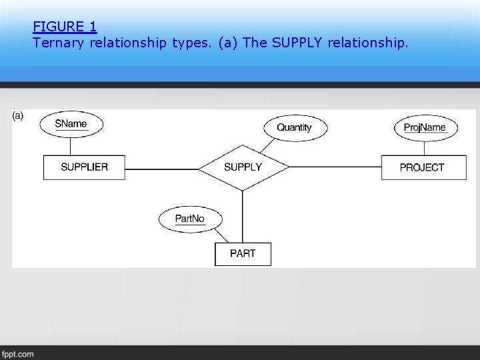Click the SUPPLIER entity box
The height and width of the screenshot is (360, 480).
(84, 167)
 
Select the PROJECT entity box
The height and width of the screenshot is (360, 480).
(422, 167)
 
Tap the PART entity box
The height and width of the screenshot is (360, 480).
(243, 253)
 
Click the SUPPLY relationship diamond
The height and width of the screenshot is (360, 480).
(243, 167)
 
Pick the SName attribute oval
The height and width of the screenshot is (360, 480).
(71, 123)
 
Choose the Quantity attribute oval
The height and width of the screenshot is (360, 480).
(294, 127)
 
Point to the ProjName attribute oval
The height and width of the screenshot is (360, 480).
(425, 127)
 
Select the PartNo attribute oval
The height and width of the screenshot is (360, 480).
(190, 219)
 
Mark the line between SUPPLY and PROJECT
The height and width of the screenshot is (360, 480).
(335, 167)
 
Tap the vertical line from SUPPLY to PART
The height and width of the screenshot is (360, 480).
(243, 217)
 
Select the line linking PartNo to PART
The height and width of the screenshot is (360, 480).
(221, 235)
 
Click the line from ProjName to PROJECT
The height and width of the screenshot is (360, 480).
(425, 147)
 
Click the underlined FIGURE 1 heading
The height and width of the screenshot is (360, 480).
(65, 27)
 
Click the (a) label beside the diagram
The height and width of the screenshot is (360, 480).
(18, 115)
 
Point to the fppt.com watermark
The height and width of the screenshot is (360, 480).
(17, 354)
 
